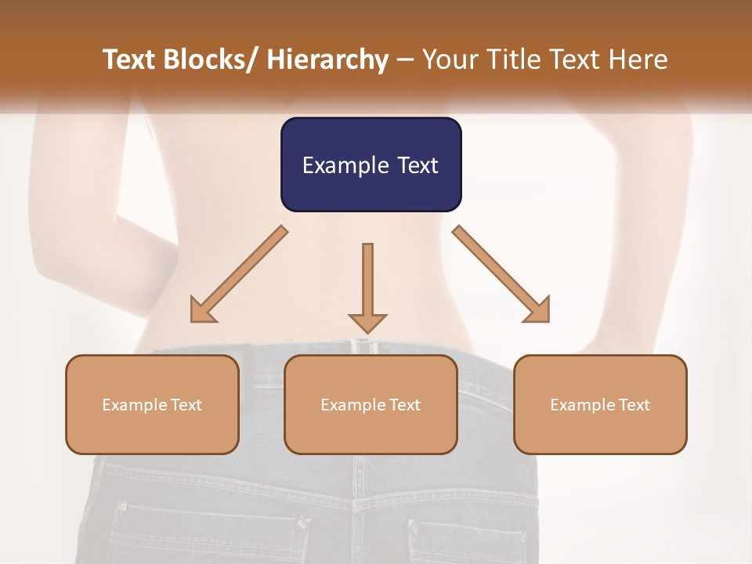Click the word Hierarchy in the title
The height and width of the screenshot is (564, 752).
327,60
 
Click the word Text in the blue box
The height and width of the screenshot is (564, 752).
418,165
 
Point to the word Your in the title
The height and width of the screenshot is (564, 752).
451,60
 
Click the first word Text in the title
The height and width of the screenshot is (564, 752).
129,60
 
